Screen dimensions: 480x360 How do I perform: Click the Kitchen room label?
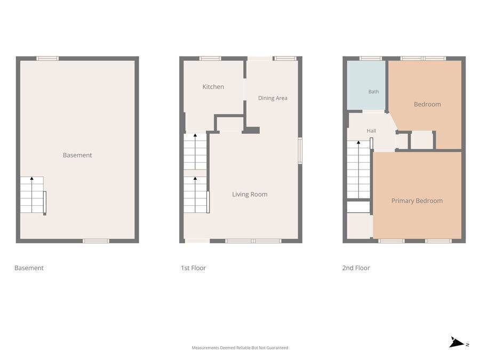213,86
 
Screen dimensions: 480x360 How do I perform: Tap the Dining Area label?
273,98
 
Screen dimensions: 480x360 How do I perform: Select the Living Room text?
250,194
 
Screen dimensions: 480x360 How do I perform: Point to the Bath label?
373,92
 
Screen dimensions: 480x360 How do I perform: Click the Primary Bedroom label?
417,201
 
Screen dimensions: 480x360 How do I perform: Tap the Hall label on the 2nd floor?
371,131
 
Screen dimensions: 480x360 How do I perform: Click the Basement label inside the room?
77,155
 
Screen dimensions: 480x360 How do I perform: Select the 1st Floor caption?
193,268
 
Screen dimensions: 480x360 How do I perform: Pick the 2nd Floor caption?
356,268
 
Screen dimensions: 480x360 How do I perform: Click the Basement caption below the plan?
29,268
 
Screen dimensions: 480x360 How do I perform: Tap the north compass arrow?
457,342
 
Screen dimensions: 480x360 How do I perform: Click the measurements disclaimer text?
239,348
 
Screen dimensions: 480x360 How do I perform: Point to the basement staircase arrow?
32,195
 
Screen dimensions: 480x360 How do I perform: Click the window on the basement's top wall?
47,59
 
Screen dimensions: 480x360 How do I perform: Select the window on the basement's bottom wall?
96,241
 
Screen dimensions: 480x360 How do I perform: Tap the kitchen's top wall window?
210,59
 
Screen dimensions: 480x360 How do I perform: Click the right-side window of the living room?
300,150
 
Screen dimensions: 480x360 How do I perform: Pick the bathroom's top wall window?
371,59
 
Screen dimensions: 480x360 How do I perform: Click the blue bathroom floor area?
366,85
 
